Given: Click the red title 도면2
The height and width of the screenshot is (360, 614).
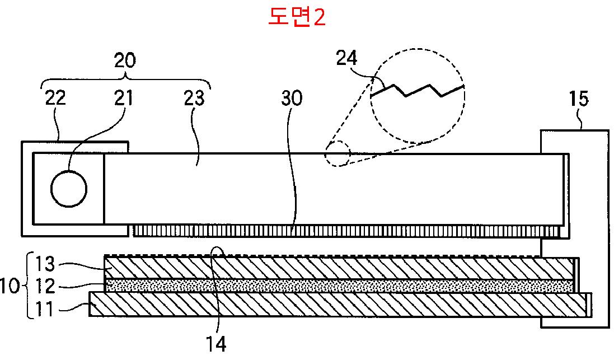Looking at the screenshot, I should pos(297,17).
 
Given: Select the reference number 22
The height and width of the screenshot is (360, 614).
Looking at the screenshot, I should pos(55,98).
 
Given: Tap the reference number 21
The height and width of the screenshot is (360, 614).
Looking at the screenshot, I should pos(124,98).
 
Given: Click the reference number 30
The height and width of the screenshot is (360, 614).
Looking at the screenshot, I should pos(291,98).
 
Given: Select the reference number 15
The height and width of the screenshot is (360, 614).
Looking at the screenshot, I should pos(579,99).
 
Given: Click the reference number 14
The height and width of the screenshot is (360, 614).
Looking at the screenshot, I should pos(217,343).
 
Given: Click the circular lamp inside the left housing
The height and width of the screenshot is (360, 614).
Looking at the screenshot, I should pos(69,189).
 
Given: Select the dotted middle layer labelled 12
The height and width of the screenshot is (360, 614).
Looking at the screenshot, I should pos(336,286).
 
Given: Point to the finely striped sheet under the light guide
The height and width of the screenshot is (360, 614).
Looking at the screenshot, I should pos(347,230).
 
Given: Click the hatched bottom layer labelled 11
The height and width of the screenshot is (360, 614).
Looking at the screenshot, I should pos(336,304).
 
